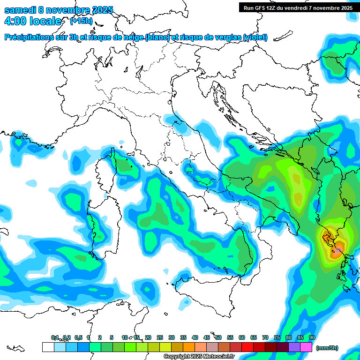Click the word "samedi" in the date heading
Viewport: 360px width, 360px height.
19,10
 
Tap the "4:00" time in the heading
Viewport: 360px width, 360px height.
15,21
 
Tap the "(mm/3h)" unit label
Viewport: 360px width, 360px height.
327,348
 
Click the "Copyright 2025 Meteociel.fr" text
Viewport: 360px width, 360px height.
199,357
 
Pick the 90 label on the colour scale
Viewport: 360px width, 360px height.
312,337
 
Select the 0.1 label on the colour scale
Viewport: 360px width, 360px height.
55,337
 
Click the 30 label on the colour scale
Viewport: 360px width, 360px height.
172,337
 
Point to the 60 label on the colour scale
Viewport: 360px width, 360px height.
242,337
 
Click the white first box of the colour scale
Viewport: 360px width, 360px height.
48,347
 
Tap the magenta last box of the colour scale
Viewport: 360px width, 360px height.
306,347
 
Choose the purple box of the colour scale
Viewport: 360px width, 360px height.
294,347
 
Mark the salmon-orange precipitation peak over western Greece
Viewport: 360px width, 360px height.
336,252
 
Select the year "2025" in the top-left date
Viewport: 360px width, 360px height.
102,10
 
